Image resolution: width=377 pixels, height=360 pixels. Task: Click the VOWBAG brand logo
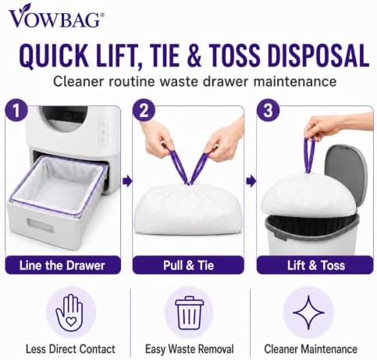click(x=56, y=16)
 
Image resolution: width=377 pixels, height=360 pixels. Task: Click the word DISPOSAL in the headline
click(x=318, y=55)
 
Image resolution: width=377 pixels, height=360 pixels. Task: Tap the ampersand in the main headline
click(x=194, y=55)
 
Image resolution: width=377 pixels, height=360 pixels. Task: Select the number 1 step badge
click(x=16, y=110)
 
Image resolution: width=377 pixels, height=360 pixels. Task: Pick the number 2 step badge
click(x=144, y=110)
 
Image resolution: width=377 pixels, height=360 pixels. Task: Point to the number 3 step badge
click(x=268, y=110)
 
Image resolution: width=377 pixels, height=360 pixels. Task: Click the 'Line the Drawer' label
click(x=62, y=266)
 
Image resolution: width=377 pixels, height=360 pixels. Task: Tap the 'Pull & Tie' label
click(x=189, y=266)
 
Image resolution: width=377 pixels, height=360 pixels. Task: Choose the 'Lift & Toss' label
click(x=316, y=266)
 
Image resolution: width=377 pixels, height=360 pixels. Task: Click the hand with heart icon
click(x=69, y=312)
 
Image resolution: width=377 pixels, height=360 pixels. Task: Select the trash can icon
click(x=190, y=313)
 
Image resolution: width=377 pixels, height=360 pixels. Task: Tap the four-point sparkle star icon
click(x=308, y=312)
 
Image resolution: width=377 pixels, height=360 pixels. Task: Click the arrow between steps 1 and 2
click(x=127, y=181)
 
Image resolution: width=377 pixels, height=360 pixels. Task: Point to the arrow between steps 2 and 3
click(x=251, y=181)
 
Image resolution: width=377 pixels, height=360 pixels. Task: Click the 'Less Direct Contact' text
click(x=70, y=349)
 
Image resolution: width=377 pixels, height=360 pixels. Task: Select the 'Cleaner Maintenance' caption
click(x=311, y=349)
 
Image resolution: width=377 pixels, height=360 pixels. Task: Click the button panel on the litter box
click(x=103, y=133)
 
